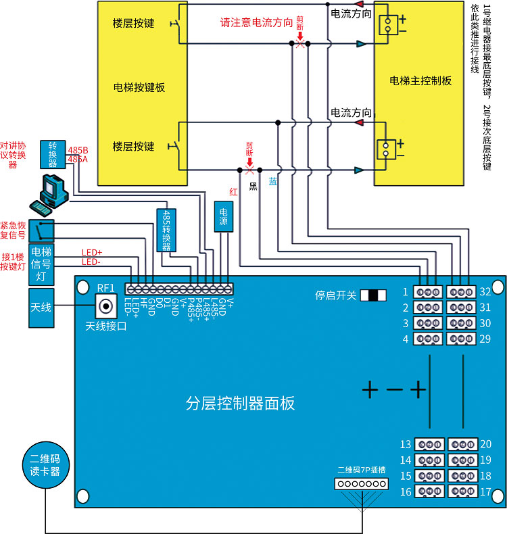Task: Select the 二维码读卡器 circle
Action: click(45, 464)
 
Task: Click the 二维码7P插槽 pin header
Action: click(362, 484)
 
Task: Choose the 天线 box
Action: click(40, 308)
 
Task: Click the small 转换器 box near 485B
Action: click(53, 154)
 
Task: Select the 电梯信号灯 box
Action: click(41, 264)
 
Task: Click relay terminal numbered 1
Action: click(428, 292)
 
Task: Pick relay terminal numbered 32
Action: click(462, 292)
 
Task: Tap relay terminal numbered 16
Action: click(428, 490)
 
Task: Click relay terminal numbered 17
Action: click(462, 490)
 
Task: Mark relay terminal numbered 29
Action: click(462, 339)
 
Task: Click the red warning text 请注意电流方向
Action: click(256, 22)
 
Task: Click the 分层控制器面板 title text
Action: click(240, 404)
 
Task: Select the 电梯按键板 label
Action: click(139, 87)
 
